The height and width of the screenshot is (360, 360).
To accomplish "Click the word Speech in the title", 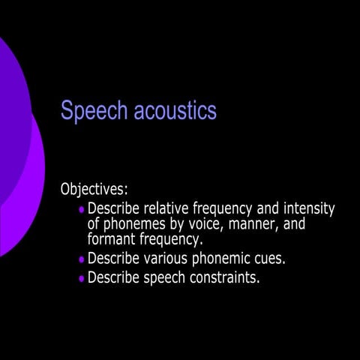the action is click(x=94, y=111).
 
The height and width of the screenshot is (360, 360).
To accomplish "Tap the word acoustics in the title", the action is click(x=175, y=110).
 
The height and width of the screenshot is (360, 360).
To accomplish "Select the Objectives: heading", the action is click(x=94, y=190).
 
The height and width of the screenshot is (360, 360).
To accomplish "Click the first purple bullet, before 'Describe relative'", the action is click(x=82, y=209).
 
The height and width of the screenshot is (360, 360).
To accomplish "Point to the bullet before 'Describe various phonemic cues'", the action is click(x=82, y=259).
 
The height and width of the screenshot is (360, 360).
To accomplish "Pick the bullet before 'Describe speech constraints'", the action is click(x=82, y=278).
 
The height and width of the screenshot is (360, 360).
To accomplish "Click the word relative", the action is click(x=166, y=208).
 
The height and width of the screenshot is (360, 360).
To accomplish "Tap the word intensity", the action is click(x=309, y=209).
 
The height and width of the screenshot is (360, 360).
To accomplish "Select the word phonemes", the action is click(x=134, y=224).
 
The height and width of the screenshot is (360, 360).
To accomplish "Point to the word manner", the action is click(x=253, y=224).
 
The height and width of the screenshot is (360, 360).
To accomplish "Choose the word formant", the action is click(x=111, y=238).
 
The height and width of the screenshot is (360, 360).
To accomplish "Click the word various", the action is click(x=165, y=258).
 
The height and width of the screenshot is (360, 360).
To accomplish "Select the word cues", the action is click(x=270, y=259).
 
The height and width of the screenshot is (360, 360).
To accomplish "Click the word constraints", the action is click(x=225, y=277).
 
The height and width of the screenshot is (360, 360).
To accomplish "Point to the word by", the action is click(x=177, y=224).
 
